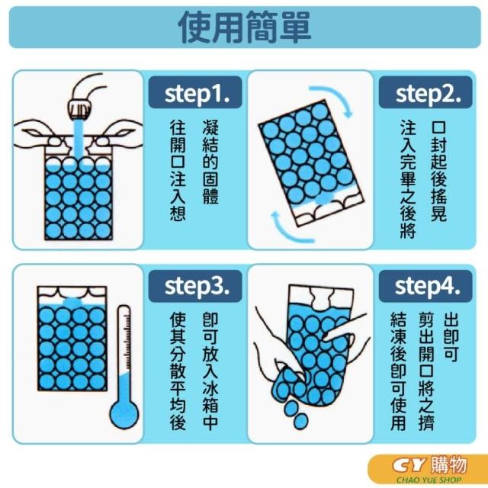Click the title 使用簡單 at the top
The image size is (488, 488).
245,27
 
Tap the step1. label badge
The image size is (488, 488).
195,92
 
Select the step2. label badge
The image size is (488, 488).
425,92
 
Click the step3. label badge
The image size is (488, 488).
195,287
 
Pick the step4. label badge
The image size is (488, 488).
425,287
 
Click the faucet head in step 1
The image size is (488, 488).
80,110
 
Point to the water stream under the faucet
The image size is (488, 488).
79,139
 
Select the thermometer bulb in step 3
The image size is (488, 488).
124,413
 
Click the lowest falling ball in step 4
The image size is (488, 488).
300,421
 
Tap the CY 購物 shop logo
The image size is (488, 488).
429,466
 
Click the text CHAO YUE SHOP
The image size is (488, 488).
429,480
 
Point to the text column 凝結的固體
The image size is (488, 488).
210,162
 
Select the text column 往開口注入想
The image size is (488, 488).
178,171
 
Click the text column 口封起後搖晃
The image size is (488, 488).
439,171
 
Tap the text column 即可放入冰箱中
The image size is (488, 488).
210,371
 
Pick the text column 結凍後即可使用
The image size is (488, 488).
398,371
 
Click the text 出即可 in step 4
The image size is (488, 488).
451,337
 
